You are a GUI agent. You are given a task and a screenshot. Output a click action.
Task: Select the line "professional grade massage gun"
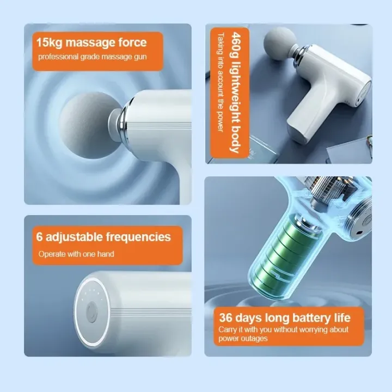point(92,57)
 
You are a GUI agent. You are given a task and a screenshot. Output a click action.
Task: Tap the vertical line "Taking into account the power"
point(220,83)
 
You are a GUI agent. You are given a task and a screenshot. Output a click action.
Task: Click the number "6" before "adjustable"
point(39,237)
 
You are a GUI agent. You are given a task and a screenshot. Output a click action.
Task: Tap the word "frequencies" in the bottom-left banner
point(138,237)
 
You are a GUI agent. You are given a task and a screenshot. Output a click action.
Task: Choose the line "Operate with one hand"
point(76,254)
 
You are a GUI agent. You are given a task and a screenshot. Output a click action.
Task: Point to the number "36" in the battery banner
point(225,318)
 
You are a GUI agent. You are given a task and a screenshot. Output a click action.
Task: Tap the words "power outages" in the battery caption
point(243,339)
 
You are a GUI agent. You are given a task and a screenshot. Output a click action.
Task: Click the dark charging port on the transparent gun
point(359,233)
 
